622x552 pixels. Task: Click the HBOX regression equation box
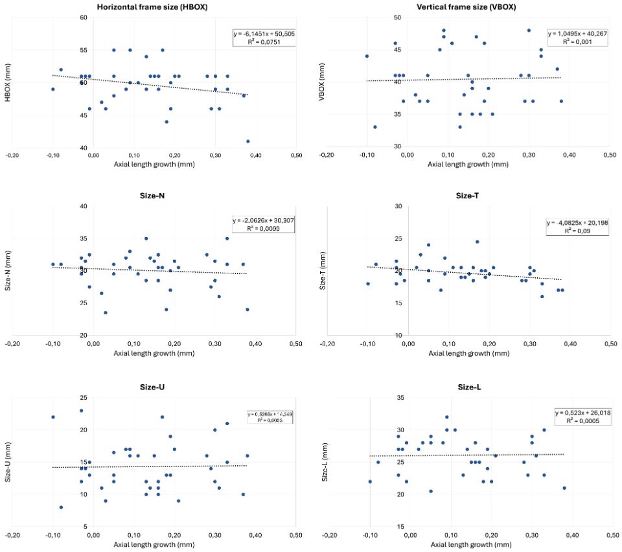click(264, 38)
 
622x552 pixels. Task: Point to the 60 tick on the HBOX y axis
click(84, 17)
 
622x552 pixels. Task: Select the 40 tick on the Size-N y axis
click(84, 207)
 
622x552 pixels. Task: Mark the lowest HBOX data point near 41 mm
click(248, 141)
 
